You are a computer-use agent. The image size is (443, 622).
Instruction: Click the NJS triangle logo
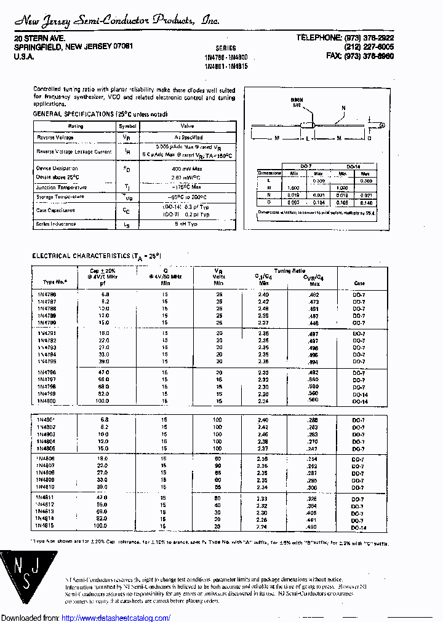(22, 578)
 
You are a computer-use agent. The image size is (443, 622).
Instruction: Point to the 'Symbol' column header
(127, 126)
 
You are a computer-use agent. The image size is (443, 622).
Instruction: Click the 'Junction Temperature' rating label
(62, 187)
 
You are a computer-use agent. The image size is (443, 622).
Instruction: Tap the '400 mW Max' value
(187, 168)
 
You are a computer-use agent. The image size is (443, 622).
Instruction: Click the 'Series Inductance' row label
(56, 224)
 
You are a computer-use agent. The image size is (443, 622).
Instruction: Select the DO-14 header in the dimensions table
(353, 167)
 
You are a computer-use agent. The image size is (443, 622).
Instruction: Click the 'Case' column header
(359, 283)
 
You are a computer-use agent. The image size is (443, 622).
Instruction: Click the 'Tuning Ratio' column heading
(289, 270)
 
